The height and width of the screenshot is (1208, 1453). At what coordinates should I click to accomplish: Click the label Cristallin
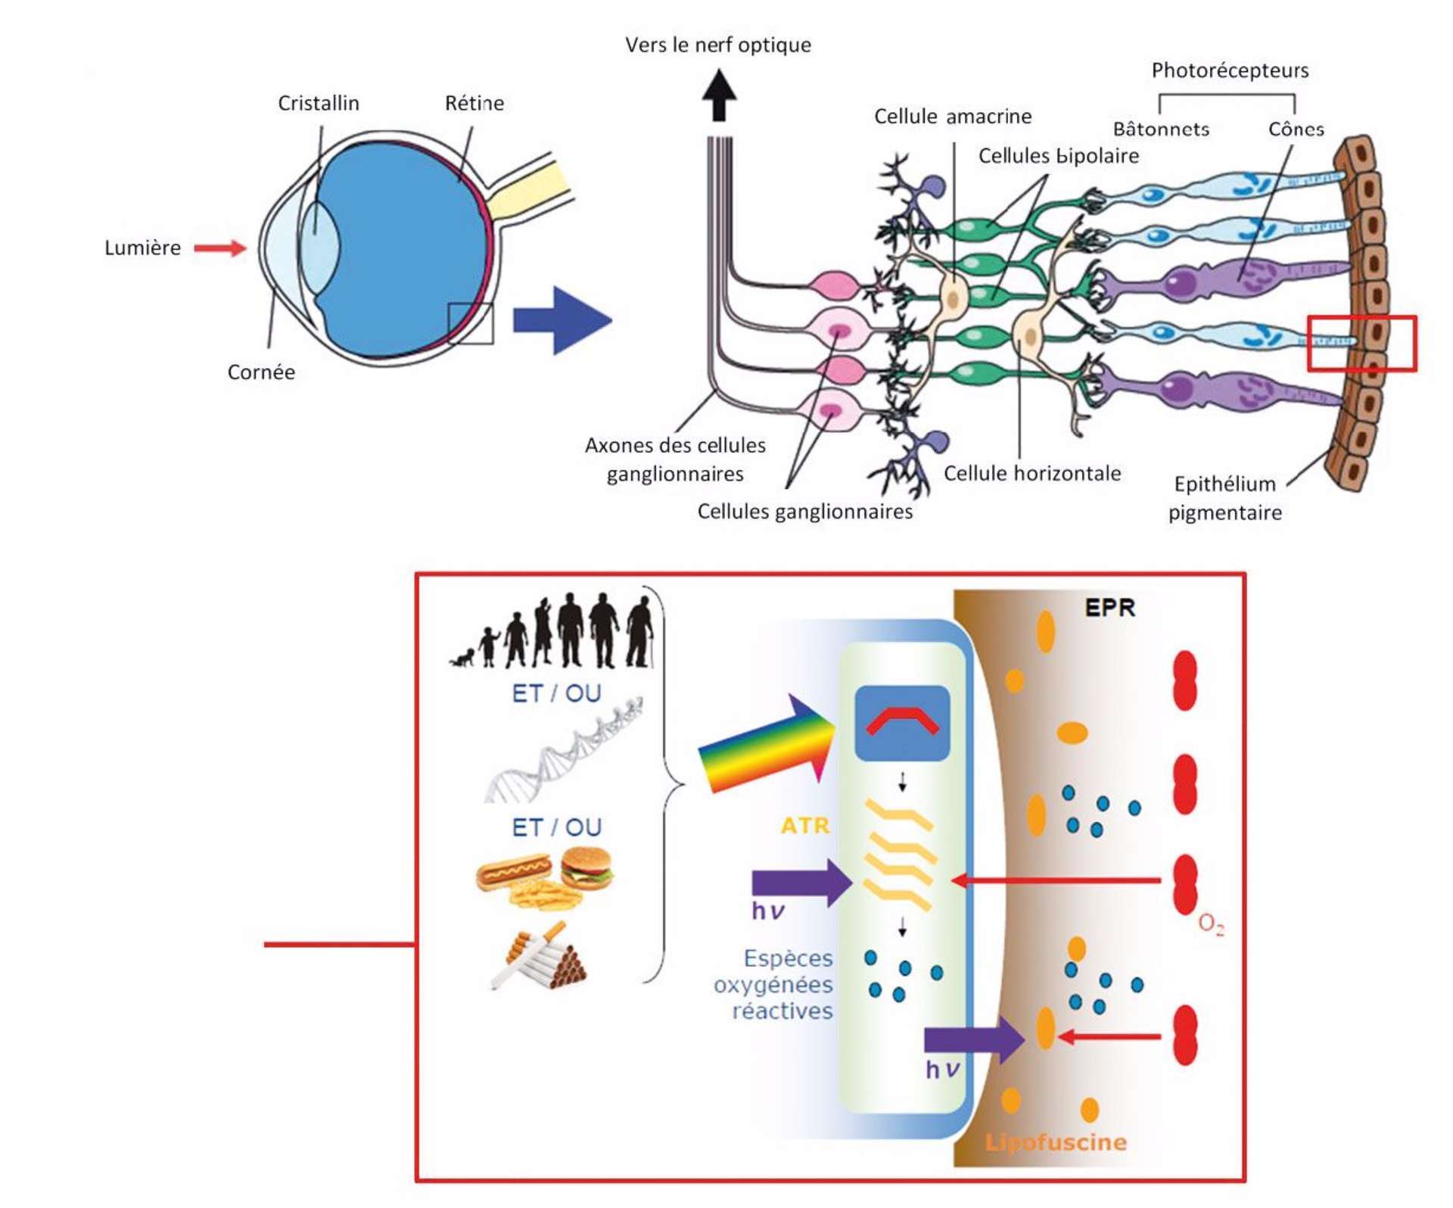[x=318, y=103]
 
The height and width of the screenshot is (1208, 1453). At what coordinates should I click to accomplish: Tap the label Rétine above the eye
[x=474, y=103]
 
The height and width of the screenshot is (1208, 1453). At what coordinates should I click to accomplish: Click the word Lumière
[x=142, y=248]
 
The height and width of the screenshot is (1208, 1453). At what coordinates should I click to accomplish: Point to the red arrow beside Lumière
[x=219, y=248]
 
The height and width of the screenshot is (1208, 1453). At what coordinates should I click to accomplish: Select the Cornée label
[x=261, y=372]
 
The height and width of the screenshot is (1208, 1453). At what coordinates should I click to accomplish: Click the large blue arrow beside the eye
[x=562, y=320]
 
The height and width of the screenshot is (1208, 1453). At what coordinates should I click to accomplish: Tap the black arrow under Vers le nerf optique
[x=719, y=95]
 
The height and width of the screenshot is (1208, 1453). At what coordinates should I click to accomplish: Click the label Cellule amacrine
[x=952, y=117]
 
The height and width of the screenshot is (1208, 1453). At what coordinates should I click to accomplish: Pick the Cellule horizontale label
[x=1031, y=474]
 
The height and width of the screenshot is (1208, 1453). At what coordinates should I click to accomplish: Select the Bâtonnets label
[x=1161, y=129]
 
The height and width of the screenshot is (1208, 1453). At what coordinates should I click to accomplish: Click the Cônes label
[x=1296, y=129]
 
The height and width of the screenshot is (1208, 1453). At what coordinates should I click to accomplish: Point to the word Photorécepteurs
[x=1230, y=70]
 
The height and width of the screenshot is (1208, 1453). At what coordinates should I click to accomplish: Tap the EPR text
[x=1109, y=608]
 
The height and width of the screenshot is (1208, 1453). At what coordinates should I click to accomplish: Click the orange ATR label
[x=804, y=825]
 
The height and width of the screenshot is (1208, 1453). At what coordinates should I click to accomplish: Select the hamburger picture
[x=586, y=867]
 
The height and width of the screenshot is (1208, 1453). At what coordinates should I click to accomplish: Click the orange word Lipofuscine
[x=1055, y=1142]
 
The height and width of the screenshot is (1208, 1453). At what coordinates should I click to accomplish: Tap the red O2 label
[x=1211, y=924]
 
